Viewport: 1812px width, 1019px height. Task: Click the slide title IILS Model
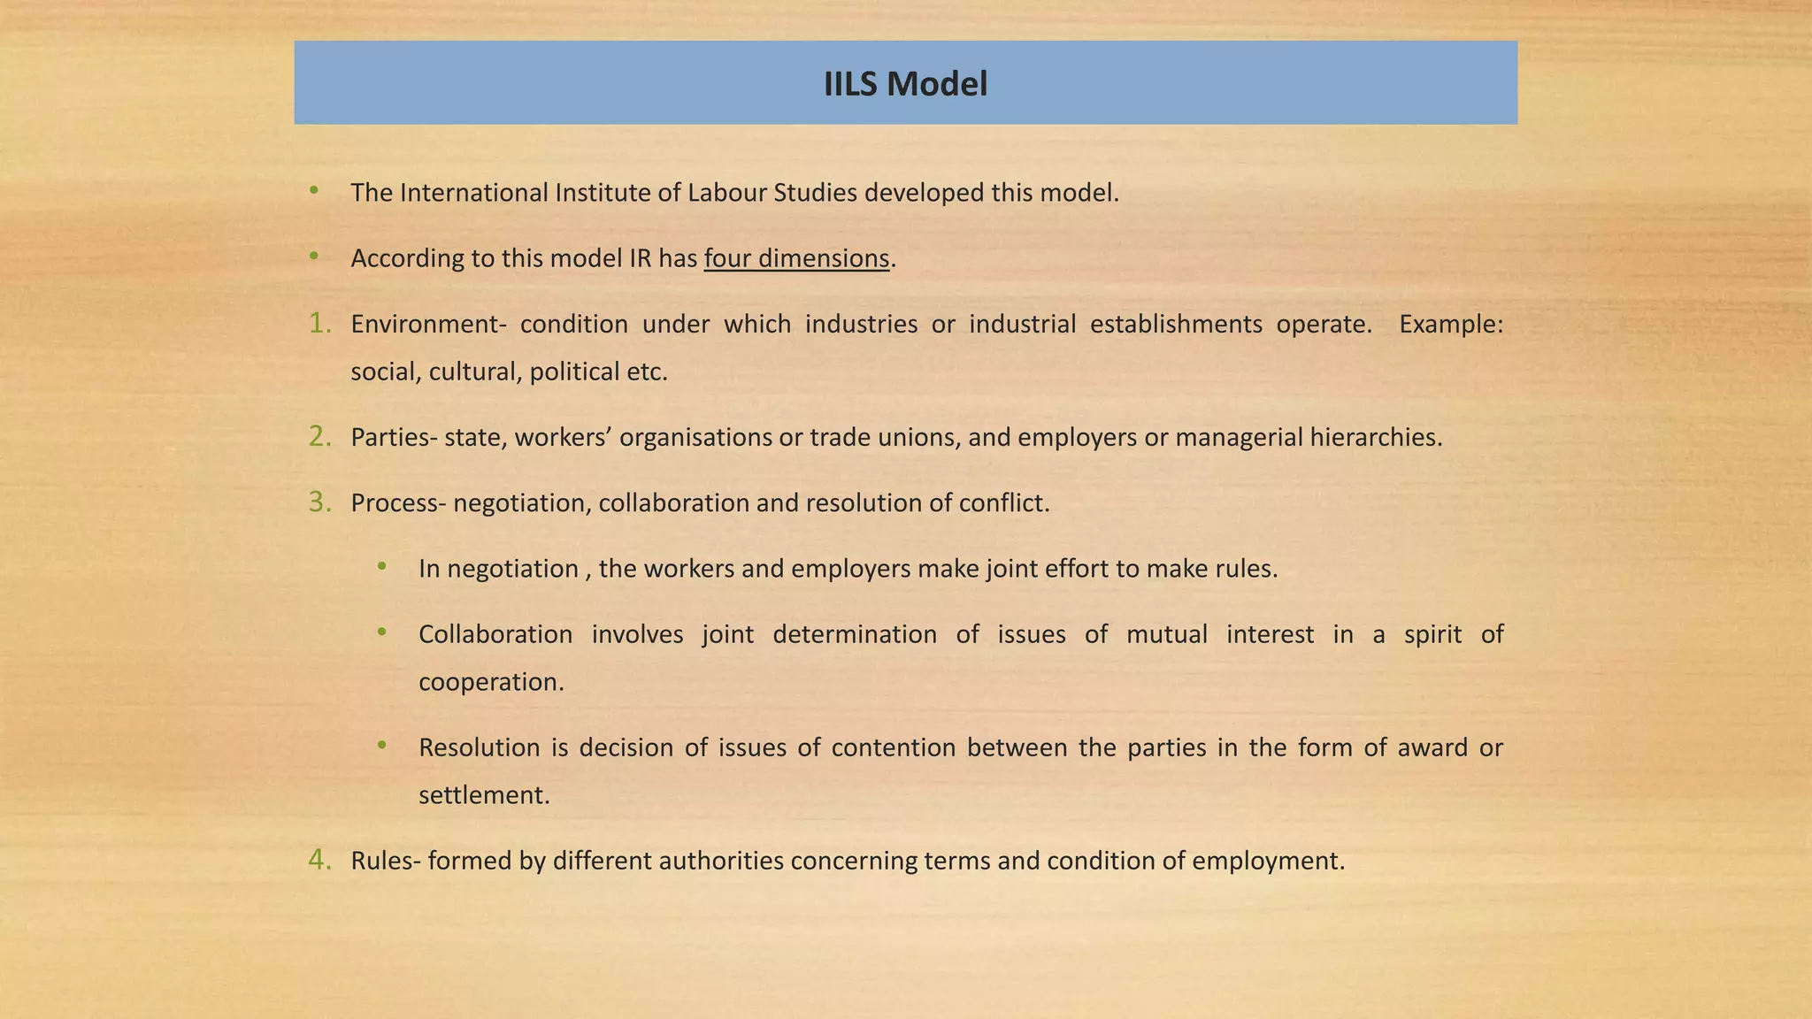[905, 84]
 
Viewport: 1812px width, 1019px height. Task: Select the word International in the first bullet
[473, 193]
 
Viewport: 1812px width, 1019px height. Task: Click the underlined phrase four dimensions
[796, 258]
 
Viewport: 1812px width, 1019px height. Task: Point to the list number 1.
[319, 324]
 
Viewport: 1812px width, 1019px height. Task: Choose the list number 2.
[319, 437]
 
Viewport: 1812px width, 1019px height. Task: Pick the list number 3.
[319, 502]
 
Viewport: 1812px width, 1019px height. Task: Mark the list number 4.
[319, 860]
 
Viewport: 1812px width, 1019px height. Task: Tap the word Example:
[1451, 325]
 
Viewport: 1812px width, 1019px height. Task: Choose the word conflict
[1003, 502]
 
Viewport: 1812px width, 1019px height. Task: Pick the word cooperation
[491, 682]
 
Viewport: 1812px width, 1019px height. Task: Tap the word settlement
[484, 795]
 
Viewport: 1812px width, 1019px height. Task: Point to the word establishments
[1176, 325]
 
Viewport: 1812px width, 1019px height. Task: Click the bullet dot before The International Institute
[314, 190]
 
